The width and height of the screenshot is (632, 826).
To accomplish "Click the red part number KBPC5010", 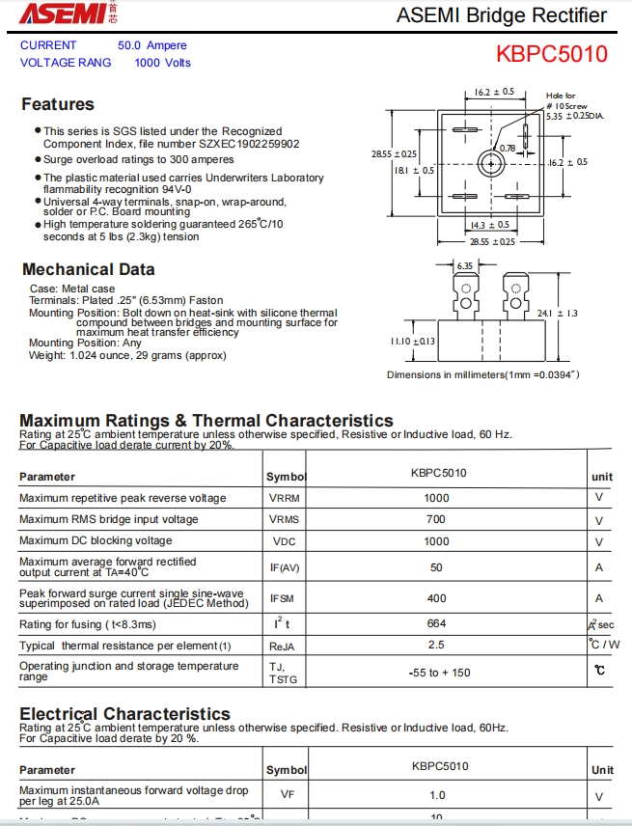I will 552,54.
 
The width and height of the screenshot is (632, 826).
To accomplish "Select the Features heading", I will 58,104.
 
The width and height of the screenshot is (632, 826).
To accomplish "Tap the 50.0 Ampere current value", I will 152,45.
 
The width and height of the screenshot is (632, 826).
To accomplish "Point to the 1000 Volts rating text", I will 163,63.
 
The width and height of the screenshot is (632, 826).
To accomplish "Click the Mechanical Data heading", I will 88,269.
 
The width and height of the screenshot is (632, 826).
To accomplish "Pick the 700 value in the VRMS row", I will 437,519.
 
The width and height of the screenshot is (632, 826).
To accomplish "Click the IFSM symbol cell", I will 282,598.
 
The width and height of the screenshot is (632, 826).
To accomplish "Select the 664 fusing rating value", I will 437,623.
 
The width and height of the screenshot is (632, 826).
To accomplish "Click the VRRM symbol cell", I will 284,498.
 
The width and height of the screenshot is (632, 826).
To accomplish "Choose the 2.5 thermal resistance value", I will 437,645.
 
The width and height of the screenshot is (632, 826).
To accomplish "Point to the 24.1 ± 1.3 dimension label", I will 557,313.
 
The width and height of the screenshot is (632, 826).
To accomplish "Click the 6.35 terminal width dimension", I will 465,265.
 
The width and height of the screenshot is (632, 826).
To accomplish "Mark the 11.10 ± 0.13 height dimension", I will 413,341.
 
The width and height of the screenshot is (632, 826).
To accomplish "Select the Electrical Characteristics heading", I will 125,714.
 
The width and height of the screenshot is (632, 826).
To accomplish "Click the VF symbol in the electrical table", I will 287,795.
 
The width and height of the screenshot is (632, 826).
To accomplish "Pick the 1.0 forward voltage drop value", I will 437,795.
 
